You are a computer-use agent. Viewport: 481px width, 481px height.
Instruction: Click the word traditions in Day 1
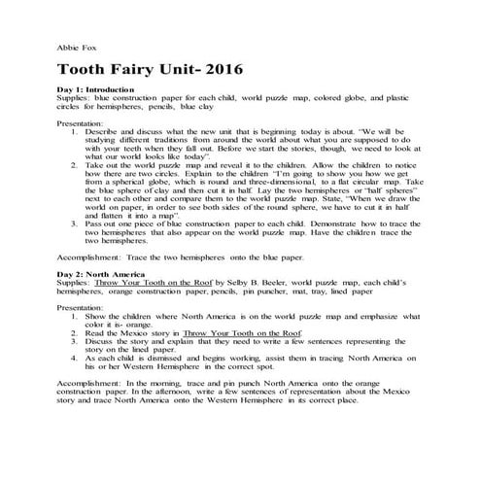[x=175, y=137]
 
